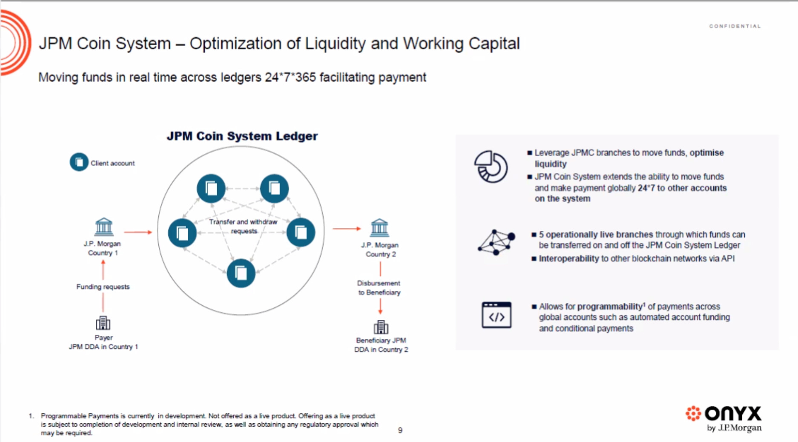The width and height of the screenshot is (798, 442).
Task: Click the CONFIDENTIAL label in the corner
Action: tap(735, 26)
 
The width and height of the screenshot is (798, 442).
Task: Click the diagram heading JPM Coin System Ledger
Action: tap(242, 136)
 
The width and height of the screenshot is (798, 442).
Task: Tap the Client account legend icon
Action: tap(79, 162)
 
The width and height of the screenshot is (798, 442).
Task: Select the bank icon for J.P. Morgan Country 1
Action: tap(104, 227)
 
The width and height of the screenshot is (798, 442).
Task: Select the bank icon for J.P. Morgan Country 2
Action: tap(379, 228)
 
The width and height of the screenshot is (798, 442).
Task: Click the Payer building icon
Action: tap(103, 323)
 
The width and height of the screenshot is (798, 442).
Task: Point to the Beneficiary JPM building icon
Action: tap(381, 327)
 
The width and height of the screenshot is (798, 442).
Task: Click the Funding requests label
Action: tap(103, 287)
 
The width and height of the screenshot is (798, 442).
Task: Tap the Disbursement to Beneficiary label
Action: tap(379, 288)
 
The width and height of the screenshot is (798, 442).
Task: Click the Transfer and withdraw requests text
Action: tap(243, 226)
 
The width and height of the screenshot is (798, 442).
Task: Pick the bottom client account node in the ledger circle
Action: tap(241, 273)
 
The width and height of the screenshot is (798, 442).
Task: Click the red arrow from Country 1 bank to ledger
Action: tap(138, 232)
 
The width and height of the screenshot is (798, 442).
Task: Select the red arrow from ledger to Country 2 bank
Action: tap(347, 229)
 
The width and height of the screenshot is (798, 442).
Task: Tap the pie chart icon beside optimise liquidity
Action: tap(491, 167)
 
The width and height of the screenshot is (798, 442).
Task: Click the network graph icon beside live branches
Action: tap(496, 242)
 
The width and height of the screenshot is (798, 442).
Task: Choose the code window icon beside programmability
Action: tap(497, 315)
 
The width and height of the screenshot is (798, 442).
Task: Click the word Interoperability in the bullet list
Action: tap(568, 258)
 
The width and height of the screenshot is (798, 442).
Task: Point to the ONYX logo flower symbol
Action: tap(693, 413)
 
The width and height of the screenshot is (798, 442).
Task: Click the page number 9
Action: tap(400, 430)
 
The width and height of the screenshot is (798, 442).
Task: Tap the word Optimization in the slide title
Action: tap(244, 43)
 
